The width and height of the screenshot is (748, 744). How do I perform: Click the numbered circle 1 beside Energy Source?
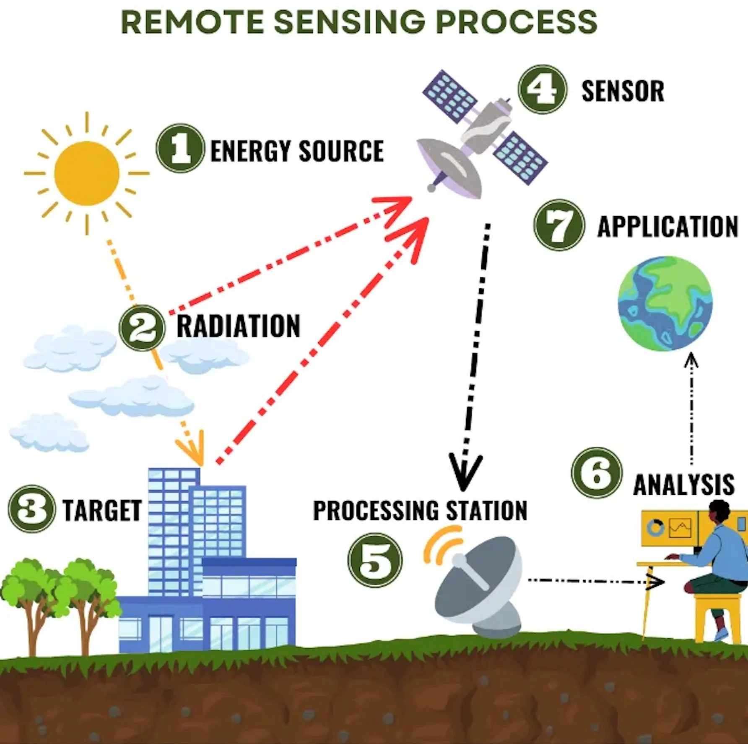180,148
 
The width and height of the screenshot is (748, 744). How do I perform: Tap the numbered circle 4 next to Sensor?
542,89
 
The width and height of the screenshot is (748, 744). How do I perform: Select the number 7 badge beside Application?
559,225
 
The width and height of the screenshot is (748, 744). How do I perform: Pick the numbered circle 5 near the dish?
375,560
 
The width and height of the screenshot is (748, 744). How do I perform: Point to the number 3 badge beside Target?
31,509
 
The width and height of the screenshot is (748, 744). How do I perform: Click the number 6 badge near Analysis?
597,473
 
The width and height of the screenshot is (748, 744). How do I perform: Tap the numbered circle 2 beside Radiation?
143,328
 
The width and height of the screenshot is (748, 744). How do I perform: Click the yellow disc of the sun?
87,173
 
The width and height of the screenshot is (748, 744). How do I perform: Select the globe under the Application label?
665,303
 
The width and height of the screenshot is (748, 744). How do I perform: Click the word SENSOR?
623,91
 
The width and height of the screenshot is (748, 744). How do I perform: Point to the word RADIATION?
238,326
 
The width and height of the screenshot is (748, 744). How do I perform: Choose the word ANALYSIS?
683,485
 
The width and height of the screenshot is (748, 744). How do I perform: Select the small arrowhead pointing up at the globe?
691,360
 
